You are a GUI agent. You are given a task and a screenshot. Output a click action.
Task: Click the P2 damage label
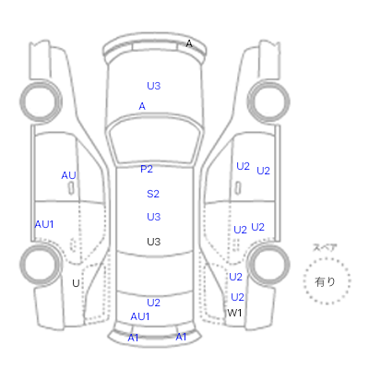(x=147, y=169)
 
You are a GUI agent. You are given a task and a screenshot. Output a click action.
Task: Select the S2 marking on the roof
(x=153, y=194)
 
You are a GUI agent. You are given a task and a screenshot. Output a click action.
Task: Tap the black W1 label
(x=234, y=313)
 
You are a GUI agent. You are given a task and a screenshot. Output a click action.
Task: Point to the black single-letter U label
(x=76, y=283)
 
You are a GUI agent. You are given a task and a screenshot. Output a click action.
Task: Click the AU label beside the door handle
(x=68, y=175)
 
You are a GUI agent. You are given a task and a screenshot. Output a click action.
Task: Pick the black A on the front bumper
(x=189, y=44)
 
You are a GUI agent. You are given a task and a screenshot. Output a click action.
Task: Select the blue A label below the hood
(x=142, y=106)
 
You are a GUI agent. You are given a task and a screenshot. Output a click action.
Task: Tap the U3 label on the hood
(x=154, y=86)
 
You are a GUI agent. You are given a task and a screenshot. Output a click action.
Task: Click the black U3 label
(x=154, y=242)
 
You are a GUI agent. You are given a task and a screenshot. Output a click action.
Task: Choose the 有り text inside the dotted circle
(x=325, y=281)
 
